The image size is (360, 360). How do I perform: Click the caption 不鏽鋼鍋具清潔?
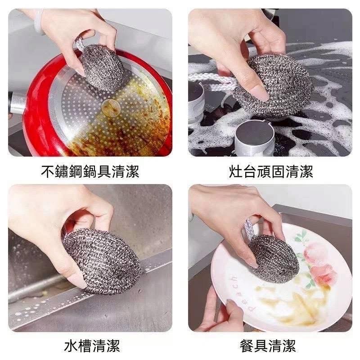90,171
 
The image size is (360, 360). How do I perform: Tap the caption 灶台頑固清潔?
271,171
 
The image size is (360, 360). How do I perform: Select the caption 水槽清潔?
92,346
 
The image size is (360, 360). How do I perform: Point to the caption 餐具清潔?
268,346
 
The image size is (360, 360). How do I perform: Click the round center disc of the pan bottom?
111,108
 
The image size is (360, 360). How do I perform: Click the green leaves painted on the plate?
301,237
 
